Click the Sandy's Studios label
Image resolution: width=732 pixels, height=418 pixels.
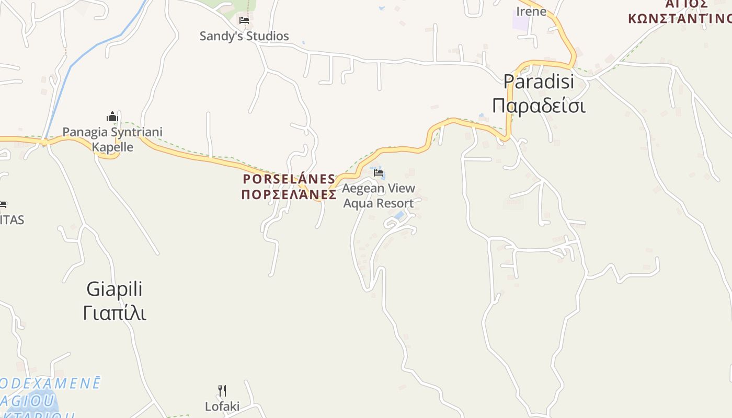(244, 36)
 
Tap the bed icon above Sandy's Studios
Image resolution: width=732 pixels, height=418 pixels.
(244, 21)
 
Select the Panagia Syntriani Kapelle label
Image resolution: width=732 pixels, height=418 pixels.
(112, 140)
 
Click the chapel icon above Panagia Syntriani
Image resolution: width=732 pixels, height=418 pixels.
(112, 117)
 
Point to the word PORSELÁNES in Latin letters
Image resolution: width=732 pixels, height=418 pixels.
(289, 179)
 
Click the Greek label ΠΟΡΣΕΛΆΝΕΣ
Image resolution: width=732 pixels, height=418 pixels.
(289, 195)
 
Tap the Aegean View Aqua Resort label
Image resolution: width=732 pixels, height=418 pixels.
(379, 195)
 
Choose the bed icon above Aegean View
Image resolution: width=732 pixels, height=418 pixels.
(379, 173)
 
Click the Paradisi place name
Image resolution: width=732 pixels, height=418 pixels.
(539, 82)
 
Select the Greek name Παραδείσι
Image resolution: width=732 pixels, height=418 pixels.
(539, 106)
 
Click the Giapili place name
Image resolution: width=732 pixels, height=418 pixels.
(114, 289)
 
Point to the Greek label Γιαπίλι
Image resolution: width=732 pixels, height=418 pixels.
(114, 313)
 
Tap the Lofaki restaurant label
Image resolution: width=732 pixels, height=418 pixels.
(222, 406)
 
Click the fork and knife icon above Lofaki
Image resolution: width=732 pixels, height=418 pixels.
(222, 390)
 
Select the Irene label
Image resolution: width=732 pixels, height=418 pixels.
(531, 11)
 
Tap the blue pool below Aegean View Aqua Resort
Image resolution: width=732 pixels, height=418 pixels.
(399, 215)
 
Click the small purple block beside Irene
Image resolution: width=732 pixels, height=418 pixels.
(520, 23)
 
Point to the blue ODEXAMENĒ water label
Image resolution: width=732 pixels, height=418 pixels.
(50, 383)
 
